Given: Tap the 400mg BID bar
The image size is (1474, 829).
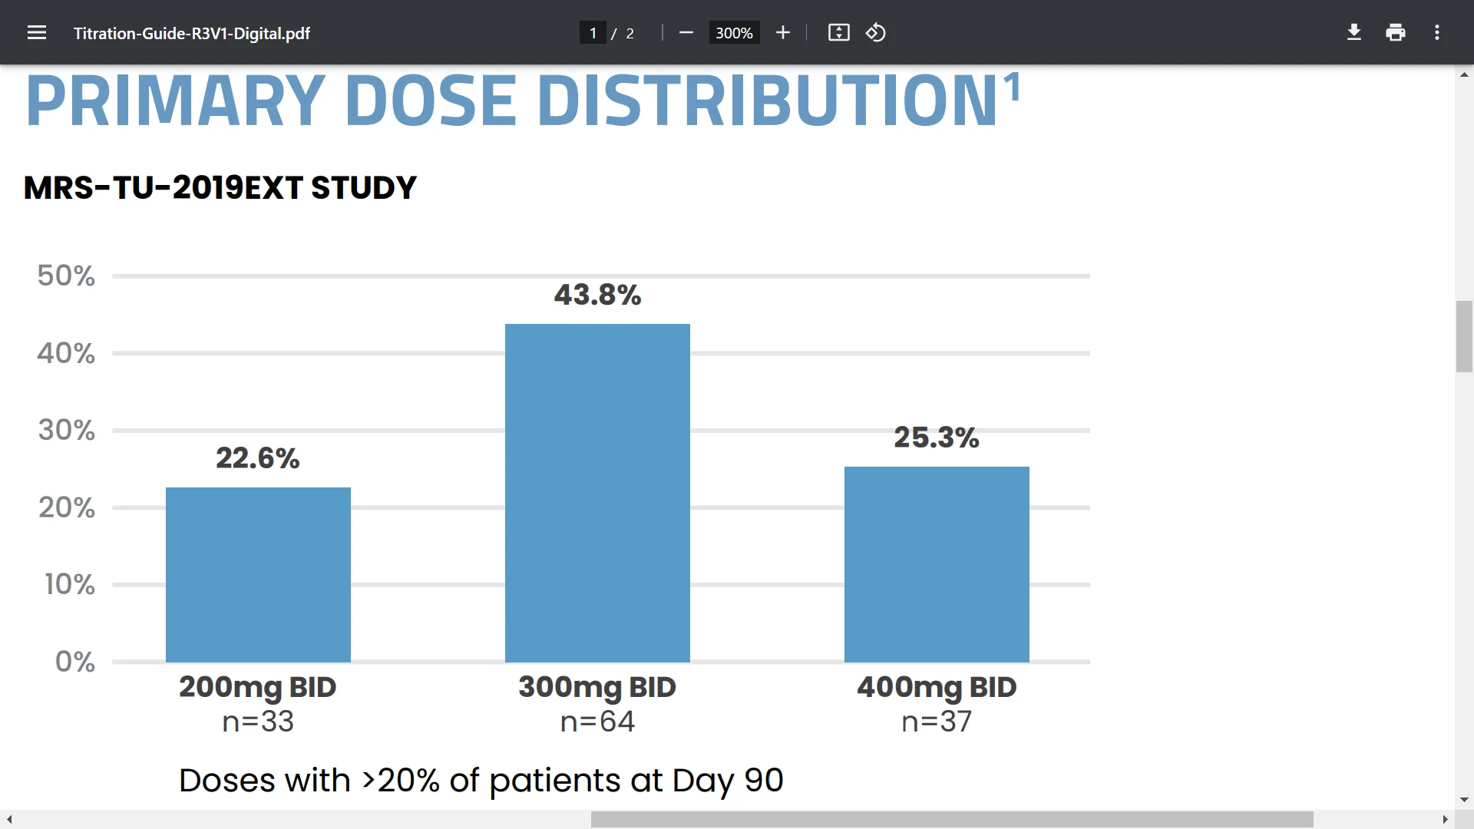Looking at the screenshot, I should click(937, 564).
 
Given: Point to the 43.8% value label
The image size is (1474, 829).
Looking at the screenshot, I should click(597, 295).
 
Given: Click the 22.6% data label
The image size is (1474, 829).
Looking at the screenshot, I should click(257, 458).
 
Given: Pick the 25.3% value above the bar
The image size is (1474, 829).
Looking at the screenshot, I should click(936, 438).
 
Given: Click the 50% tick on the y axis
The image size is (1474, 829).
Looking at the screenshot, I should click(66, 276).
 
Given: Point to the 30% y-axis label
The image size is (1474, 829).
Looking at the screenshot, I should click(67, 430).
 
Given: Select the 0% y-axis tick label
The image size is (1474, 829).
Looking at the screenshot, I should click(74, 662).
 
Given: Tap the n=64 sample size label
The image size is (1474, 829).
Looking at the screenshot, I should click(597, 722).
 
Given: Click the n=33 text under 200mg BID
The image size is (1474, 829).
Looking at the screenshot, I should click(258, 722).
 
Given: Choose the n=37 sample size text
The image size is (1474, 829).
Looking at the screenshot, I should click(937, 722).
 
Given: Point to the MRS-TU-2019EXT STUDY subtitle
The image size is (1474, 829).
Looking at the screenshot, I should click(220, 188).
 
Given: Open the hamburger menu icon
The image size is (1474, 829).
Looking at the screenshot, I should click(37, 33).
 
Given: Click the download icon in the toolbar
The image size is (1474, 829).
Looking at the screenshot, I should click(1354, 32).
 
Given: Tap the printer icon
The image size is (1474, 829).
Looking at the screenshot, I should click(1396, 32).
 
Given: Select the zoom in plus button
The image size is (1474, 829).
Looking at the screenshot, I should click(783, 33).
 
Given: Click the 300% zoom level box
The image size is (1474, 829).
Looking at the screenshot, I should click(734, 33).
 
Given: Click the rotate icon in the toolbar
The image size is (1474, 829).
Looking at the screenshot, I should click(876, 33).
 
